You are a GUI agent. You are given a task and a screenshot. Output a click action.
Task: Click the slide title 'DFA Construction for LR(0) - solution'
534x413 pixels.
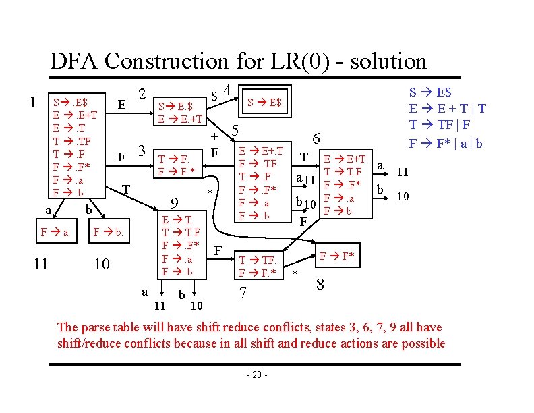(x=238, y=61)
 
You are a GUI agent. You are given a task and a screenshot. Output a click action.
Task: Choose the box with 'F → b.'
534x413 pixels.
(x=108, y=232)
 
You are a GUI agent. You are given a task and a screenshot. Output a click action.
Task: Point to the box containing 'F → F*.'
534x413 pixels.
(x=341, y=256)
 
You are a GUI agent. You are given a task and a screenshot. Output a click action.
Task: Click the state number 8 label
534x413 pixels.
(x=320, y=284)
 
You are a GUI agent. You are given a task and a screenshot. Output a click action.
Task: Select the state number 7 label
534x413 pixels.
(x=245, y=293)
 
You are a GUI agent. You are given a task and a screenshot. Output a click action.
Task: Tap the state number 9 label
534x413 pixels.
(x=173, y=202)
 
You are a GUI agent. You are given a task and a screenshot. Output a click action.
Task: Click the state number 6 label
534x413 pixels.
(x=316, y=137)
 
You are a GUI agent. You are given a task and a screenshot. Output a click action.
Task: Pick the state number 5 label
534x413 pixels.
(x=235, y=130)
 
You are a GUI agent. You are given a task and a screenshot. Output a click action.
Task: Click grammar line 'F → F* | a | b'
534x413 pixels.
(x=446, y=143)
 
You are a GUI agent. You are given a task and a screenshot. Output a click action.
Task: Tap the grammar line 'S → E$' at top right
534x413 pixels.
(x=431, y=92)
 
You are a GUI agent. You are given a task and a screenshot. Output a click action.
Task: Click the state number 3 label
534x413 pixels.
(x=142, y=149)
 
